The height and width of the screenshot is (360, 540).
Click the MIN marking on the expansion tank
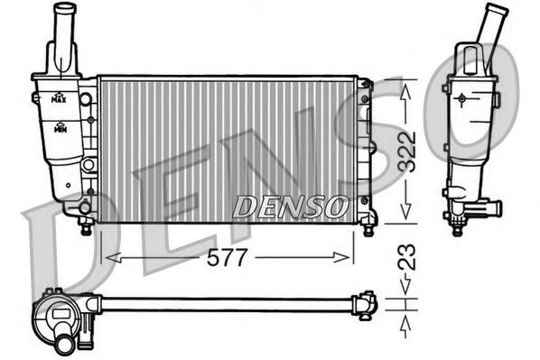point(61,130)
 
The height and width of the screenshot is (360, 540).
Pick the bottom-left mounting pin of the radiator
point(86,227)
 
